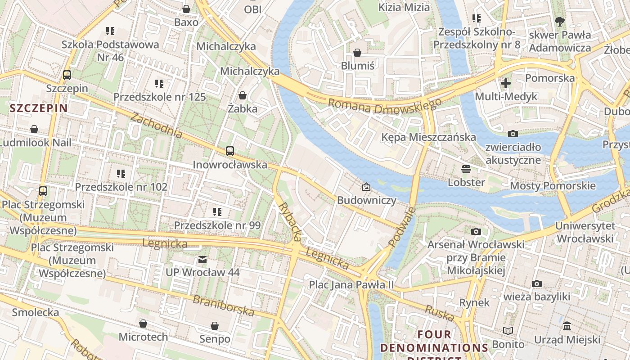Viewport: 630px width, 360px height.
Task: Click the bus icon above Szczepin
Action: (x=67, y=75)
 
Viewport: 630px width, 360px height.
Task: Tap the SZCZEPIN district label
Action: (x=39, y=108)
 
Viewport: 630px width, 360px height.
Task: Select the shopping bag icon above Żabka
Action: (x=243, y=95)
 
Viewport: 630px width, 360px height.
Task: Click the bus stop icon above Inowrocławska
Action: (x=230, y=151)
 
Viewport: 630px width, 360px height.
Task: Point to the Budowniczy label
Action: (x=367, y=200)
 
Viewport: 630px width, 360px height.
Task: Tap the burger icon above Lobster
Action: (x=466, y=169)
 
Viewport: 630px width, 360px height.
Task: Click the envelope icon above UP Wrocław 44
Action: (x=202, y=260)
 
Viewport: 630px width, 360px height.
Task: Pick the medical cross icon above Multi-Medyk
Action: (x=506, y=83)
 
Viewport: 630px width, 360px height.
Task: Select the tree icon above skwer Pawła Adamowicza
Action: (x=560, y=21)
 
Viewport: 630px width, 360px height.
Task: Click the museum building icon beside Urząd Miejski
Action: (x=567, y=326)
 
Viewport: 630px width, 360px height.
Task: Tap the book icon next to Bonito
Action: (x=508, y=331)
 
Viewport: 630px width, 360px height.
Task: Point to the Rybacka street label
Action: (x=290, y=220)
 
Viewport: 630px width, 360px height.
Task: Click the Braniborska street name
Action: (x=224, y=306)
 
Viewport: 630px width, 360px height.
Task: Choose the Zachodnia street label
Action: (x=157, y=126)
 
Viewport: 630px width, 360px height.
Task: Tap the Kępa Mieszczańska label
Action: (x=428, y=137)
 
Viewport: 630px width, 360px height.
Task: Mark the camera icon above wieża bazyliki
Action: (x=536, y=284)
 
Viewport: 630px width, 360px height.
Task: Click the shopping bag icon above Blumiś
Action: (x=357, y=53)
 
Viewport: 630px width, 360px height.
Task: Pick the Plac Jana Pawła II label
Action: (x=351, y=285)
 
